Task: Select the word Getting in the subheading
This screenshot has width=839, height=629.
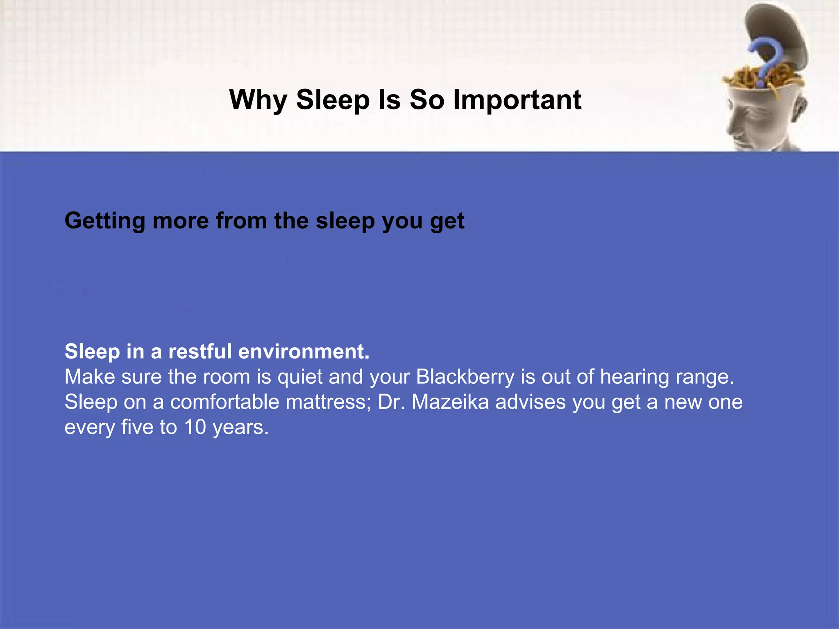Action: (x=105, y=221)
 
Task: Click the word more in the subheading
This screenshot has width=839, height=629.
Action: (x=181, y=221)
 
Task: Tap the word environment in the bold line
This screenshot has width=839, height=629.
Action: (x=304, y=351)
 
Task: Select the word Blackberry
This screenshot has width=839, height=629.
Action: (x=465, y=377)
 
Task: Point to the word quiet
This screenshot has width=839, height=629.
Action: (x=300, y=377)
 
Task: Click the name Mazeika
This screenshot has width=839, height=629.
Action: (x=450, y=402)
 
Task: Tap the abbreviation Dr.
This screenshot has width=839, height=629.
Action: (x=391, y=402)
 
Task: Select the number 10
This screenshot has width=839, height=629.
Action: (x=195, y=427)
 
